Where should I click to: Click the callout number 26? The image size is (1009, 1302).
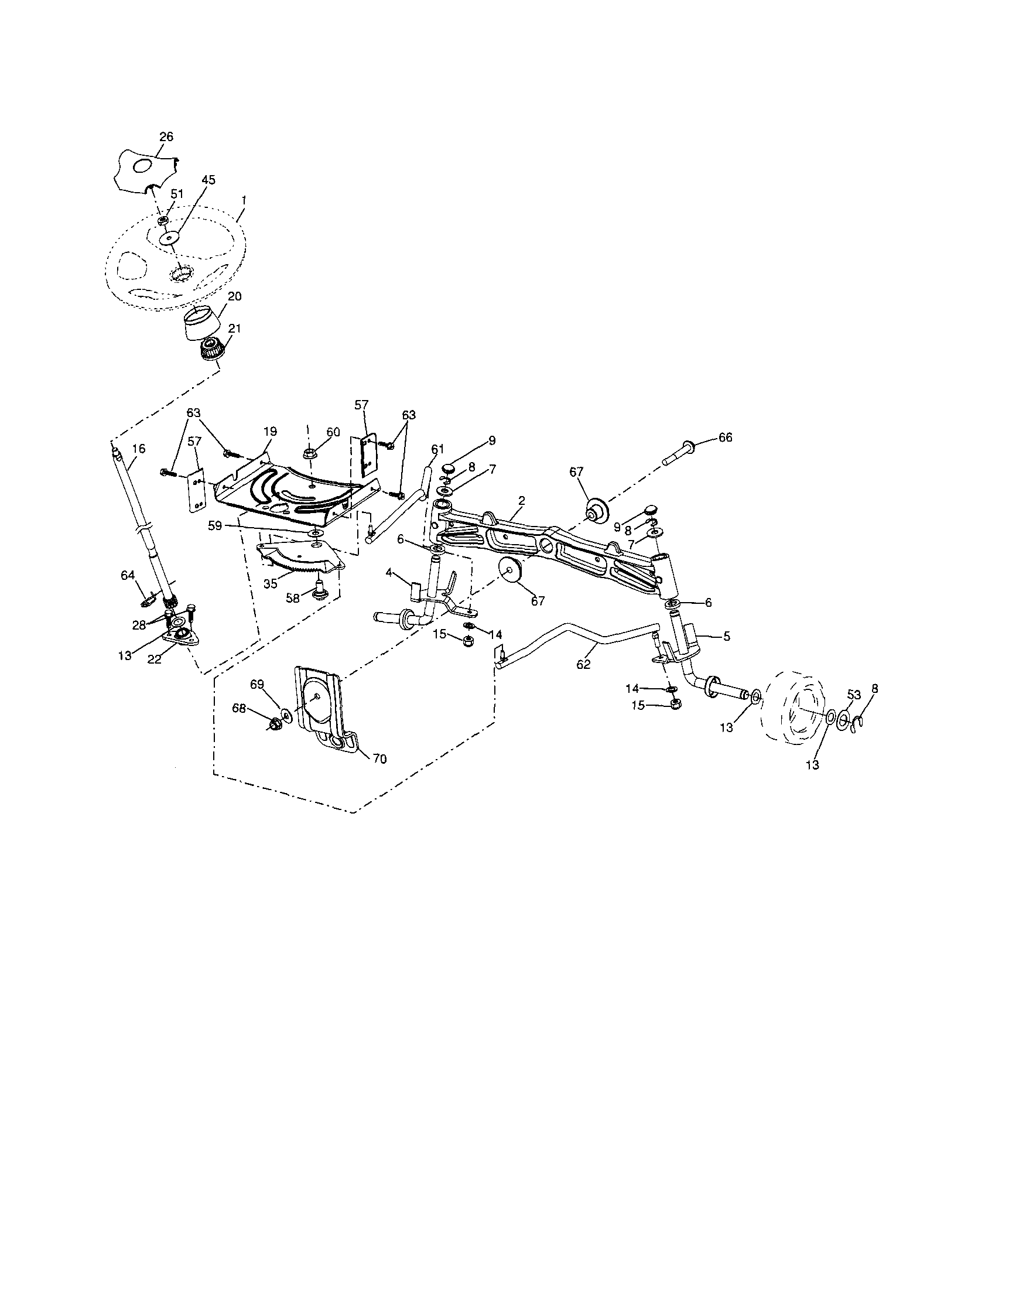[166, 136]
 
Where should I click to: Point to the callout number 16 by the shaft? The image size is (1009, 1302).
[138, 449]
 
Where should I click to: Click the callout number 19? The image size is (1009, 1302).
[270, 431]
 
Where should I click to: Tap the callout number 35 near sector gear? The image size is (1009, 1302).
[271, 585]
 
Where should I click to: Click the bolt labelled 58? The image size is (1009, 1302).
[319, 590]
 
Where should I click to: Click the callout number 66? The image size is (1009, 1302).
[725, 438]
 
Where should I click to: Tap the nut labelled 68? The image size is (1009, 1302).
[276, 725]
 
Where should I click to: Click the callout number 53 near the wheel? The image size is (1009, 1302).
[854, 695]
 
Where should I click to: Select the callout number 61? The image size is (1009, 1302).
[438, 448]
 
